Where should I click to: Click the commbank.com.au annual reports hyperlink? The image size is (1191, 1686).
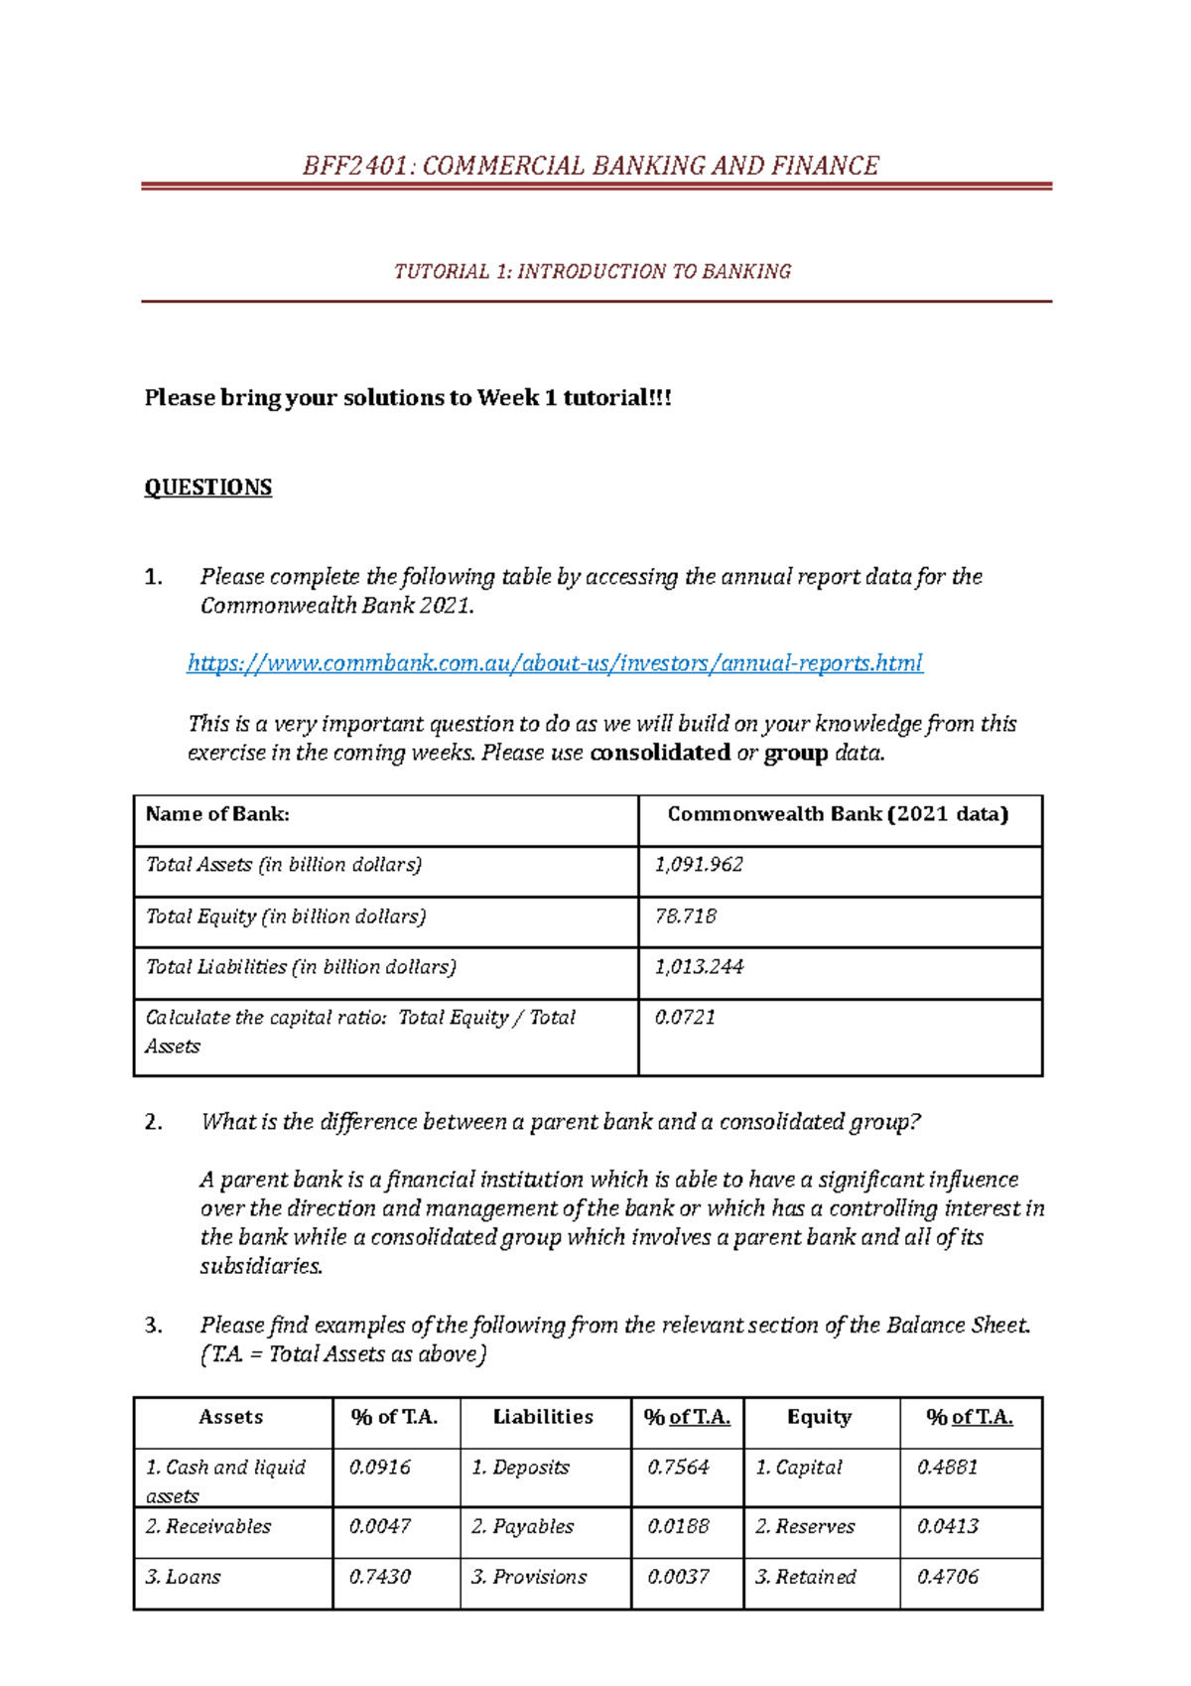point(555,663)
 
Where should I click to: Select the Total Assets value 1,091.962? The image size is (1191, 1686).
point(699,865)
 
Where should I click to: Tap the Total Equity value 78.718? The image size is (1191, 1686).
point(686,916)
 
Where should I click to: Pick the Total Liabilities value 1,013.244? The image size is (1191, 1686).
point(699,967)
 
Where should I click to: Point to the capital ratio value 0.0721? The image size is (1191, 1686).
point(685,1018)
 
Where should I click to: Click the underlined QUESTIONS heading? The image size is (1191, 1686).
point(207,488)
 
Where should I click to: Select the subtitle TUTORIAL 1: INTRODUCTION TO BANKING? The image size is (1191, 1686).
point(593,272)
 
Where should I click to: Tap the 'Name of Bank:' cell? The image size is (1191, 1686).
point(217,814)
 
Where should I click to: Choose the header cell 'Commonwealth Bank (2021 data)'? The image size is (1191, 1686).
point(838,814)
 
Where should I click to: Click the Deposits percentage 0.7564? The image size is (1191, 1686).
point(678,1468)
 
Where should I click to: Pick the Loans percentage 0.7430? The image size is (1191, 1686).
point(379,1577)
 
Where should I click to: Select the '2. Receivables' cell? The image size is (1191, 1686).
point(208,1527)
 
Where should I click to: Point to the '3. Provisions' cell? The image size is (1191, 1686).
point(529,1577)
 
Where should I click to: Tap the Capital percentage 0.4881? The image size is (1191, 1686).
point(947,1468)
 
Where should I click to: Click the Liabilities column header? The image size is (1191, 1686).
point(543,1418)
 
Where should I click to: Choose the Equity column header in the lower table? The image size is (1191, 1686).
point(819,1418)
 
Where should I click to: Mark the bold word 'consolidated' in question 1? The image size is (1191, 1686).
point(660,753)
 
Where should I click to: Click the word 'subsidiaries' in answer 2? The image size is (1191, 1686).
point(261,1267)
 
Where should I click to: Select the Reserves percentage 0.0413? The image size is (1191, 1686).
point(947,1527)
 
